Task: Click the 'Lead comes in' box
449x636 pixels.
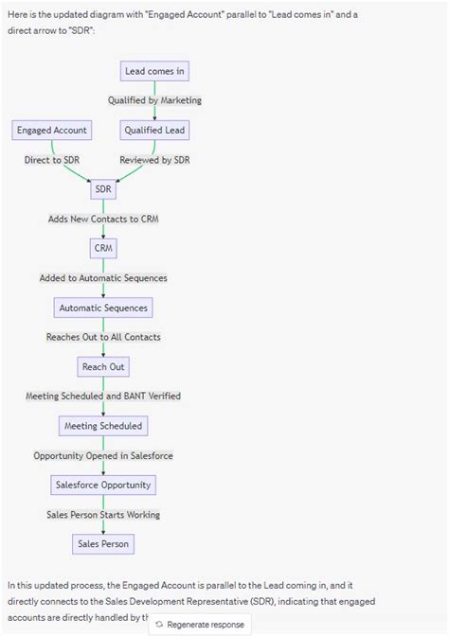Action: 154,71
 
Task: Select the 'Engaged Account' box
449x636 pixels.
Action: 51,130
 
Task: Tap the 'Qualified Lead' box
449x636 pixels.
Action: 154,130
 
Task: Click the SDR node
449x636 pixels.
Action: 103,189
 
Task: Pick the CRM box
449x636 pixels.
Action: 103,248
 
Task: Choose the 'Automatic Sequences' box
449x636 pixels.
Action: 103,308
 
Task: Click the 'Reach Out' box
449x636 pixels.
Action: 103,366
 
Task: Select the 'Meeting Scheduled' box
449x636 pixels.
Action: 103,426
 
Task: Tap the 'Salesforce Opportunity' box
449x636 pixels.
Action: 103,485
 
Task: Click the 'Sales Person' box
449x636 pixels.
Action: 103,543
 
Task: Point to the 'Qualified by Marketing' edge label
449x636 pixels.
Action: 154,100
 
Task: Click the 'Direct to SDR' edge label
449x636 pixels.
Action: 52,160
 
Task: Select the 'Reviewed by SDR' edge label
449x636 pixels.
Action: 154,160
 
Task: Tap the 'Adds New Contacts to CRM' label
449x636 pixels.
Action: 103,219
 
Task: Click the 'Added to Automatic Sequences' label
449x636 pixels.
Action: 103,278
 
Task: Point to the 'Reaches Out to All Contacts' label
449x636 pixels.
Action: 103,337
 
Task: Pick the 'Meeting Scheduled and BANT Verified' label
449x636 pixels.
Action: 103,396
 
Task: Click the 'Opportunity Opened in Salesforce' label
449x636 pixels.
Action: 103,455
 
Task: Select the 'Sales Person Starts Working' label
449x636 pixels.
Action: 103,514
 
